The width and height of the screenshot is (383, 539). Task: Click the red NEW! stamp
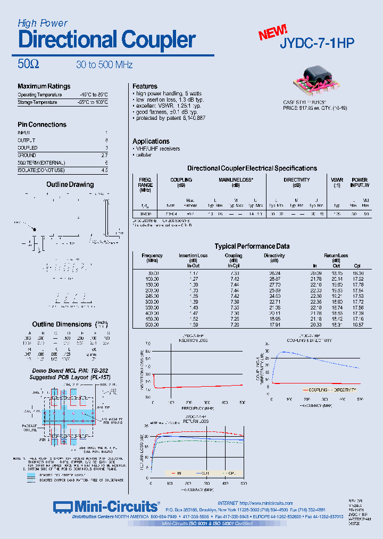pos(273,32)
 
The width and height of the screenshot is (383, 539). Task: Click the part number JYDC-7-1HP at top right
pos(317,44)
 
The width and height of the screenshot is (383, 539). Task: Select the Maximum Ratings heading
pos(44,86)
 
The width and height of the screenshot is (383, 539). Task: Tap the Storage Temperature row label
pos(37,102)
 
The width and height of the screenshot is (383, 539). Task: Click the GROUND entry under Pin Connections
pos(28,155)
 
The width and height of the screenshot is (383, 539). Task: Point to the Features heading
pos(145,86)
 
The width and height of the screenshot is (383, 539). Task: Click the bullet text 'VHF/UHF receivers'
pos(157,149)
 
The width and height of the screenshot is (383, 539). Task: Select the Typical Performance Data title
pos(252,246)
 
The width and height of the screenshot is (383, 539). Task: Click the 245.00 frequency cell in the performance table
pos(152,295)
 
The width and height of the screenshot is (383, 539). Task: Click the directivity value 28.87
pos(274,279)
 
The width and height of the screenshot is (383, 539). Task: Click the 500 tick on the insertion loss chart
pos(243,403)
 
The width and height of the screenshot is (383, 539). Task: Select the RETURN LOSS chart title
pos(197,421)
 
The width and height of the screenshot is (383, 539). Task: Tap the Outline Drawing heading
pos(70,185)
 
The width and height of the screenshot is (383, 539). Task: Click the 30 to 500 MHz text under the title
pos(104,65)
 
